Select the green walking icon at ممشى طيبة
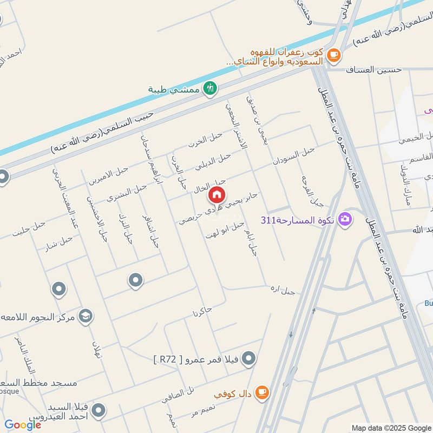210,88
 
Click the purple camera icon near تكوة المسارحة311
344,220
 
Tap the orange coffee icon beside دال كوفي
261,392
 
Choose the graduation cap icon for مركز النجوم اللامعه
86,316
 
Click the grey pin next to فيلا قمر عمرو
248,358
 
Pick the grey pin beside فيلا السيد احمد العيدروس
98,411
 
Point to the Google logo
23,425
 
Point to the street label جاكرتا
201,312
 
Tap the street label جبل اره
283,290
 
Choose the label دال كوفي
233,395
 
